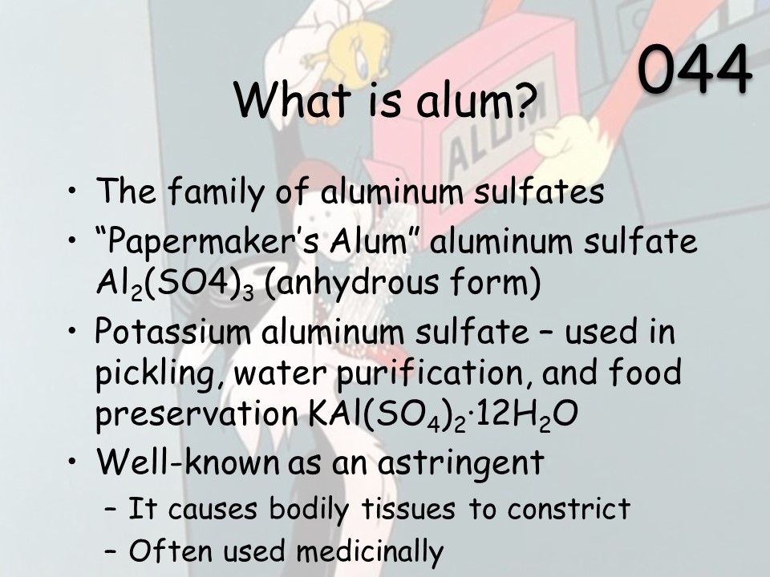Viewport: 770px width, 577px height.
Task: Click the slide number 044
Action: click(695, 68)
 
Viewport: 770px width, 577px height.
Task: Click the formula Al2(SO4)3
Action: click(175, 284)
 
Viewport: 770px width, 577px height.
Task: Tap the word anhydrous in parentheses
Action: click(353, 284)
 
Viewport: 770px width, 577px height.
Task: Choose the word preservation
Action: click(197, 414)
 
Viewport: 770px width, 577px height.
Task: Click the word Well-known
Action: click(187, 461)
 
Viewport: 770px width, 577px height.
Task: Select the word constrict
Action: click(569, 508)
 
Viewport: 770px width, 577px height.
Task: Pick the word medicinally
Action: click(370, 551)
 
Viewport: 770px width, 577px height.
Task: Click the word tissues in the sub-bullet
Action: click(408, 508)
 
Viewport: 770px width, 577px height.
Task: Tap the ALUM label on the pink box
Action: click(496, 137)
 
